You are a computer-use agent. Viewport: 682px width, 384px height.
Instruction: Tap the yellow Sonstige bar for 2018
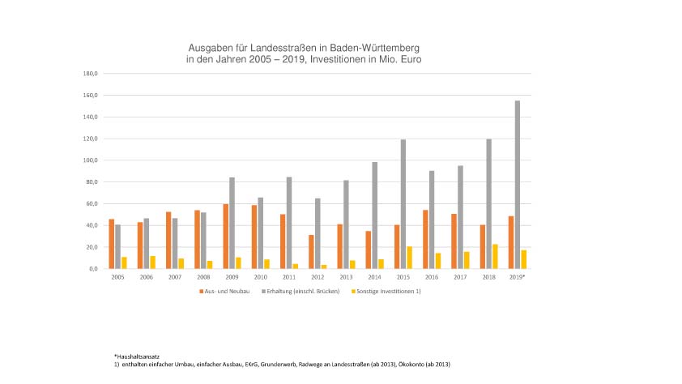pyautogui.click(x=495, y=256)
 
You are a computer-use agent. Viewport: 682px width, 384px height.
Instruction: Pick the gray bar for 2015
pyautogui.click(x=403, y=203)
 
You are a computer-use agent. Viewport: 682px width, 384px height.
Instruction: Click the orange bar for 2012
pyautogui.click(x=311, y=251)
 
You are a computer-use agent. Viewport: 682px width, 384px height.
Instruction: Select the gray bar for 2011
pyautogui.click(x=289, y=223)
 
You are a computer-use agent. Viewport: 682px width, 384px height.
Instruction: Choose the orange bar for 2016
pyautogui.click(x=425, y=239)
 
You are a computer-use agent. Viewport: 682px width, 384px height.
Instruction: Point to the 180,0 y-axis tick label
pyautogui.click(x=91, y=74)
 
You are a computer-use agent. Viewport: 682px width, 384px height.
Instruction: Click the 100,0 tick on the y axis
pyautogui.click(x=91, y=160)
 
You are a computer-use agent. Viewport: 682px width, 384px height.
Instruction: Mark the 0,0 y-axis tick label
pyautogui.click(x=93, y=269)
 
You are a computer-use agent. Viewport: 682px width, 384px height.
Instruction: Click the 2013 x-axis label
pyautogui.click(x=346, y=277)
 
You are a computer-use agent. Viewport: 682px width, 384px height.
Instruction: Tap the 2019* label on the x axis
pyautogui.click(x=517, y=277)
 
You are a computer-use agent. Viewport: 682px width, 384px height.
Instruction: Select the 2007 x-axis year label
pyautogui.click(x=175, y=277)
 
